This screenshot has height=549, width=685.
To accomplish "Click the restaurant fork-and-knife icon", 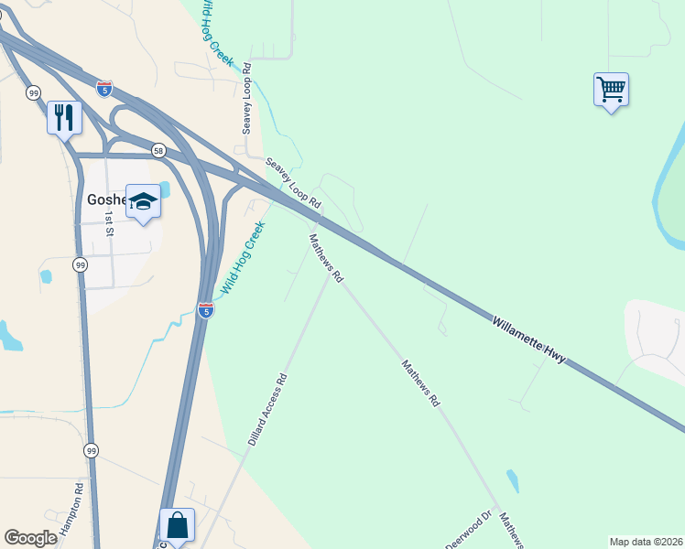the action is [x=64, y=117].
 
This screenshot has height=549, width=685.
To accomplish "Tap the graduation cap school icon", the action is [x=143, y=200].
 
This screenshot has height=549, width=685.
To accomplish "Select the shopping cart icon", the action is [x=611, y=90].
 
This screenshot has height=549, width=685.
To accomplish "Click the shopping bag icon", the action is [x=177, y=525].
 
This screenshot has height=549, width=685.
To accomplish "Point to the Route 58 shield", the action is [x=158, y=150].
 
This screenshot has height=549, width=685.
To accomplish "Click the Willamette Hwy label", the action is [x=528, y=339].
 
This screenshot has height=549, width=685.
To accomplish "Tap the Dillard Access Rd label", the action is [x=267, y=409].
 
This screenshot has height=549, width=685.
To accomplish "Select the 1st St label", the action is [x=109, y=222].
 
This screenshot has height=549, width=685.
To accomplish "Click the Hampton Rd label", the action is [x=71, y=510].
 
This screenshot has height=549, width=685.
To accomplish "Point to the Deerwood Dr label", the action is [x=468, y=530].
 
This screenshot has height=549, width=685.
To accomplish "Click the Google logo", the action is [x=30, y=537].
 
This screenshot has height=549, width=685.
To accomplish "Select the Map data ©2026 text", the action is [x=646, y=542].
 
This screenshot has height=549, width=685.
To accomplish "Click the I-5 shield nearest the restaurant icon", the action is [x=103, y=89].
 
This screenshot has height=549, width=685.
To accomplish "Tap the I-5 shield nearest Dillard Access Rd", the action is [x=206, y=311].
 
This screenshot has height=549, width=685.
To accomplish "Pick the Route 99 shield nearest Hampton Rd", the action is [x=91, y=450].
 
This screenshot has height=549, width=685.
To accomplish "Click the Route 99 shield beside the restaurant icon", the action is [x=33, y=92].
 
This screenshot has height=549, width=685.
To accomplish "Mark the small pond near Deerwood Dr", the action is [x=512, y=480].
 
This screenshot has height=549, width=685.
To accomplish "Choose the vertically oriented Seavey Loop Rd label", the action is [x=246, y=99].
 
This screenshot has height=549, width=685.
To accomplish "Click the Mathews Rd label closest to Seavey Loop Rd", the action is [x=325, y=257].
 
